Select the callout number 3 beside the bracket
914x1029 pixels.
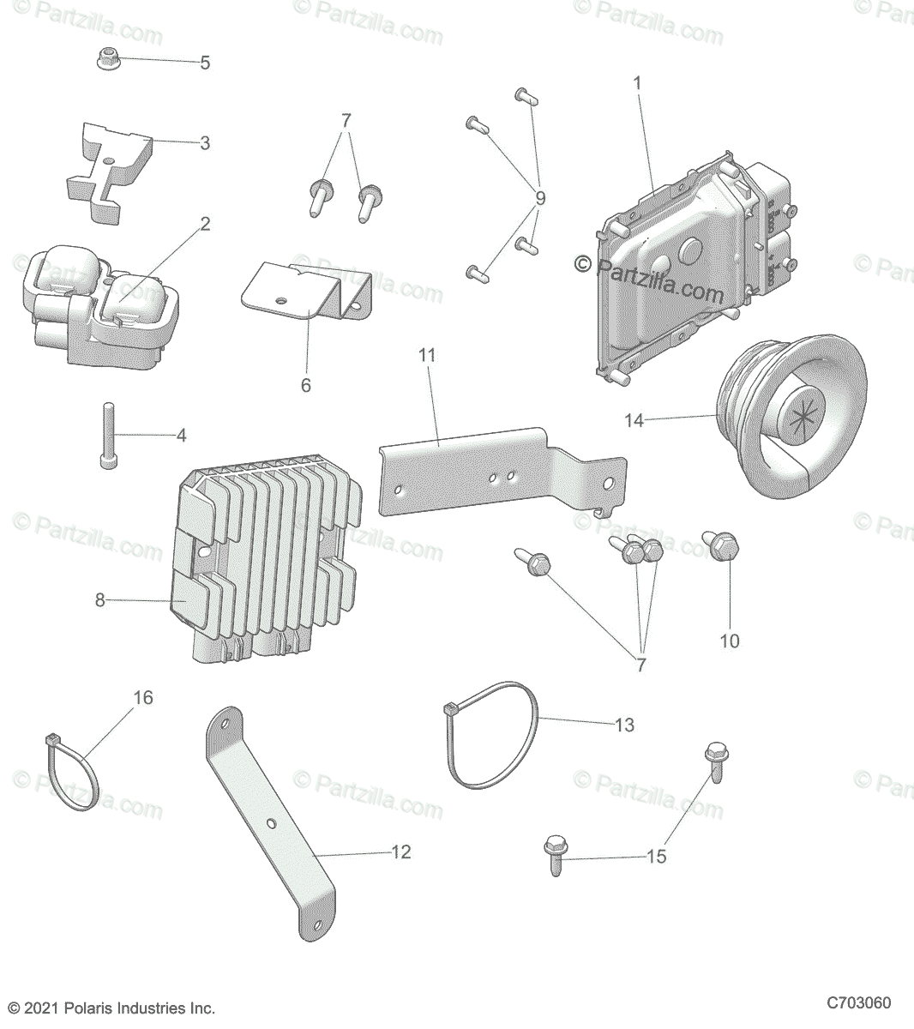point(205,142)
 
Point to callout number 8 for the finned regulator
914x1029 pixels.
point(99,600)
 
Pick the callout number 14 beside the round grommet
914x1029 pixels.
point(634,420)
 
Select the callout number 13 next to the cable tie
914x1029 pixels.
point(624,725)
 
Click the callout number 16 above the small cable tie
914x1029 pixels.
point(143,698)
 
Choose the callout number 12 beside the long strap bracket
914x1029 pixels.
point(400,851)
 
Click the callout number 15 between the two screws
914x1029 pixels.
point(656,856)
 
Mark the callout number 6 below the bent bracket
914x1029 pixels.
point(305,385)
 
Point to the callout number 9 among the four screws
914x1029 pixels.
point(539,198)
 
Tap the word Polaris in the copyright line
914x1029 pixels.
point(100,1009)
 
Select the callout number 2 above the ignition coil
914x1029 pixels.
point(205,224)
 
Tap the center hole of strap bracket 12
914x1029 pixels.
point(272,823)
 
